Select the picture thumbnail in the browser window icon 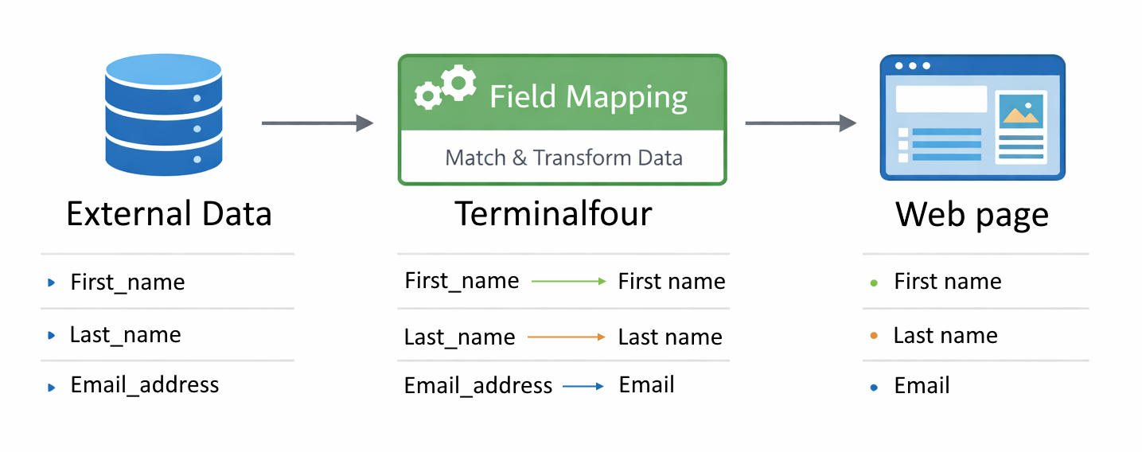1022,111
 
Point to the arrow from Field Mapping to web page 800,123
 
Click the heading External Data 169,214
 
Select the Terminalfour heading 553,214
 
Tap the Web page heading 972,214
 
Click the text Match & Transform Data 563,158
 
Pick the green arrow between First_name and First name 568,281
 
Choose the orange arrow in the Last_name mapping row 566,337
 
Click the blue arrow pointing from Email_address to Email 583,387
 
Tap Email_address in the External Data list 144,385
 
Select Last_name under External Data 125,335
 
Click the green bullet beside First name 874,282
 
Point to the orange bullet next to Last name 874,336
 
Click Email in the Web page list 922,386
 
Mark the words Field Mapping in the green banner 588,97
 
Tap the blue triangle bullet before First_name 52,282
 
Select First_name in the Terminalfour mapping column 462,281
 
